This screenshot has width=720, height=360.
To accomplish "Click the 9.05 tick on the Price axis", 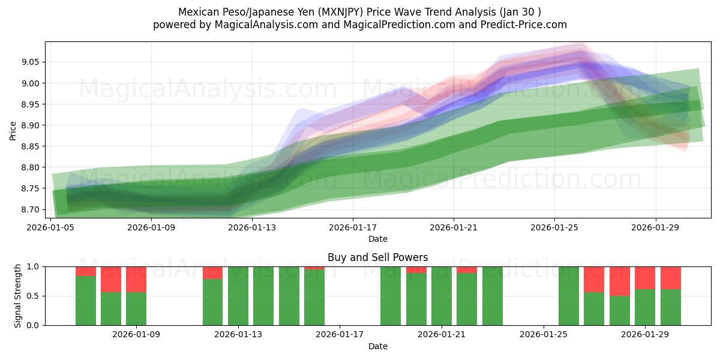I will [31, 62].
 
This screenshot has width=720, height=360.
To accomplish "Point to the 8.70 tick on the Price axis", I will [31, 209].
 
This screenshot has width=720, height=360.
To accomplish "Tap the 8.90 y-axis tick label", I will [31, 125].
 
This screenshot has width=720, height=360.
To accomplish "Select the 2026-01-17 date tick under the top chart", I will [352, 228].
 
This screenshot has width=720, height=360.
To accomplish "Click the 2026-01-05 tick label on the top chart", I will [50, 228].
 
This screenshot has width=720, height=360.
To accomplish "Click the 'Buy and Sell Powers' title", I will [377, 257].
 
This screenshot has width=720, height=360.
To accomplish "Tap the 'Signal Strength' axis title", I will [18, 295].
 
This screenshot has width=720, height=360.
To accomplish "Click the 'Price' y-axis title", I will [13, 130].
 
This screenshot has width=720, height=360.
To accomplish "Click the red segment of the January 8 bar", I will [111, 279].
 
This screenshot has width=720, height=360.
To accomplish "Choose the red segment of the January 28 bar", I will [619, 281].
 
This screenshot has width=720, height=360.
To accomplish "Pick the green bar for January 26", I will [568, 296].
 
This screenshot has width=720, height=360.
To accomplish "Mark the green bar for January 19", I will [391, 296].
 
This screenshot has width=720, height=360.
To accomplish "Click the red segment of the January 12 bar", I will [212, 273].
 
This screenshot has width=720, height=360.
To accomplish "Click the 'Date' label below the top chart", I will [377, 239].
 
